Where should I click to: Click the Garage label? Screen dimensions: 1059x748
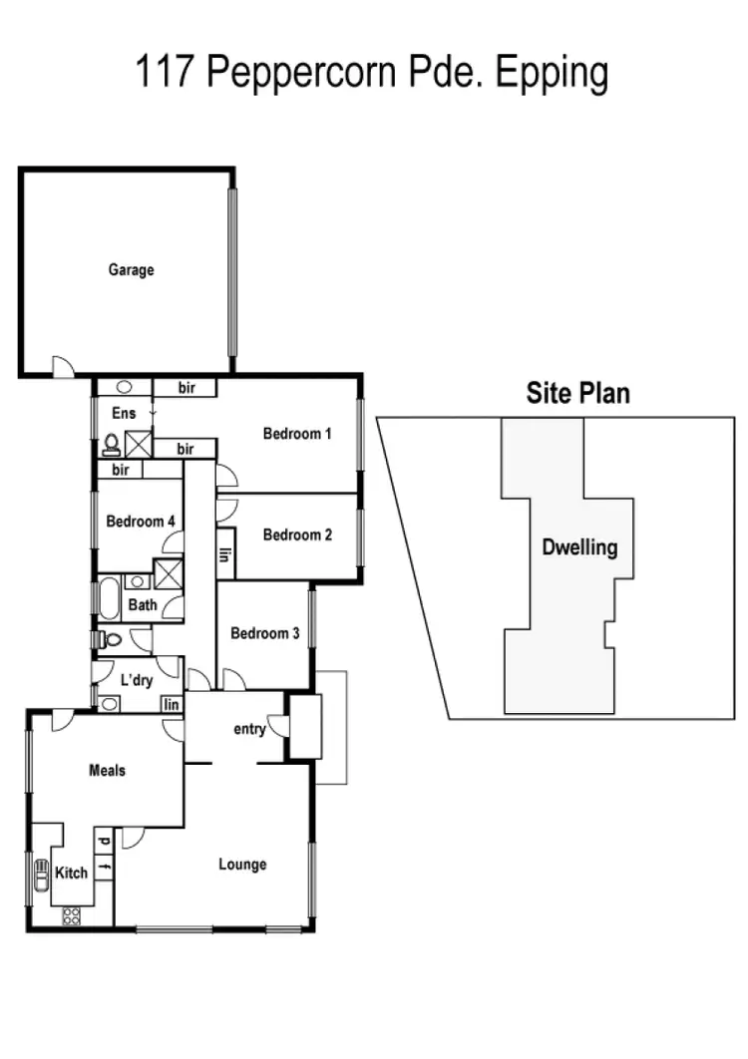(x=132, y=269)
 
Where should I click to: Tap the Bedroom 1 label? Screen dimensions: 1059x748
(x=297, y=434)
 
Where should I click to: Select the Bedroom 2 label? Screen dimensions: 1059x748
(x=297, y=534)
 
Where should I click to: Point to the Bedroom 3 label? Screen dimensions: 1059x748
(x=264, y=633)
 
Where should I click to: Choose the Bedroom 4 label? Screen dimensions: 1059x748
(x=141, y=521)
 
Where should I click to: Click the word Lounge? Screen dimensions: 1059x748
(x=242, y=864)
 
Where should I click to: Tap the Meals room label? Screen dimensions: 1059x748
(x=108, y=770)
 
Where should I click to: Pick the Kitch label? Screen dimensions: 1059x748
(x=71, y=873)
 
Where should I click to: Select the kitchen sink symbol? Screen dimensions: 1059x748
(x=42, y=875)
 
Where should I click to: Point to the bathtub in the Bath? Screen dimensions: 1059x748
(x=108, y=599)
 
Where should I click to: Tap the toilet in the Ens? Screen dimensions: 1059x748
(x=111, y=444)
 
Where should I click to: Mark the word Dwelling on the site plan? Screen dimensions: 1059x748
(x=579, y=547)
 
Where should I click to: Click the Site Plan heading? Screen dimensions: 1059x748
(x=578, y=393)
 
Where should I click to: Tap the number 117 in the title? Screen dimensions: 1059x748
(x=166, y=75)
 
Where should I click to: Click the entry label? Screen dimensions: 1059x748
(x=249, y=729)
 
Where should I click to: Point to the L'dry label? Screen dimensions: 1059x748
(x=135, y=679)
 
